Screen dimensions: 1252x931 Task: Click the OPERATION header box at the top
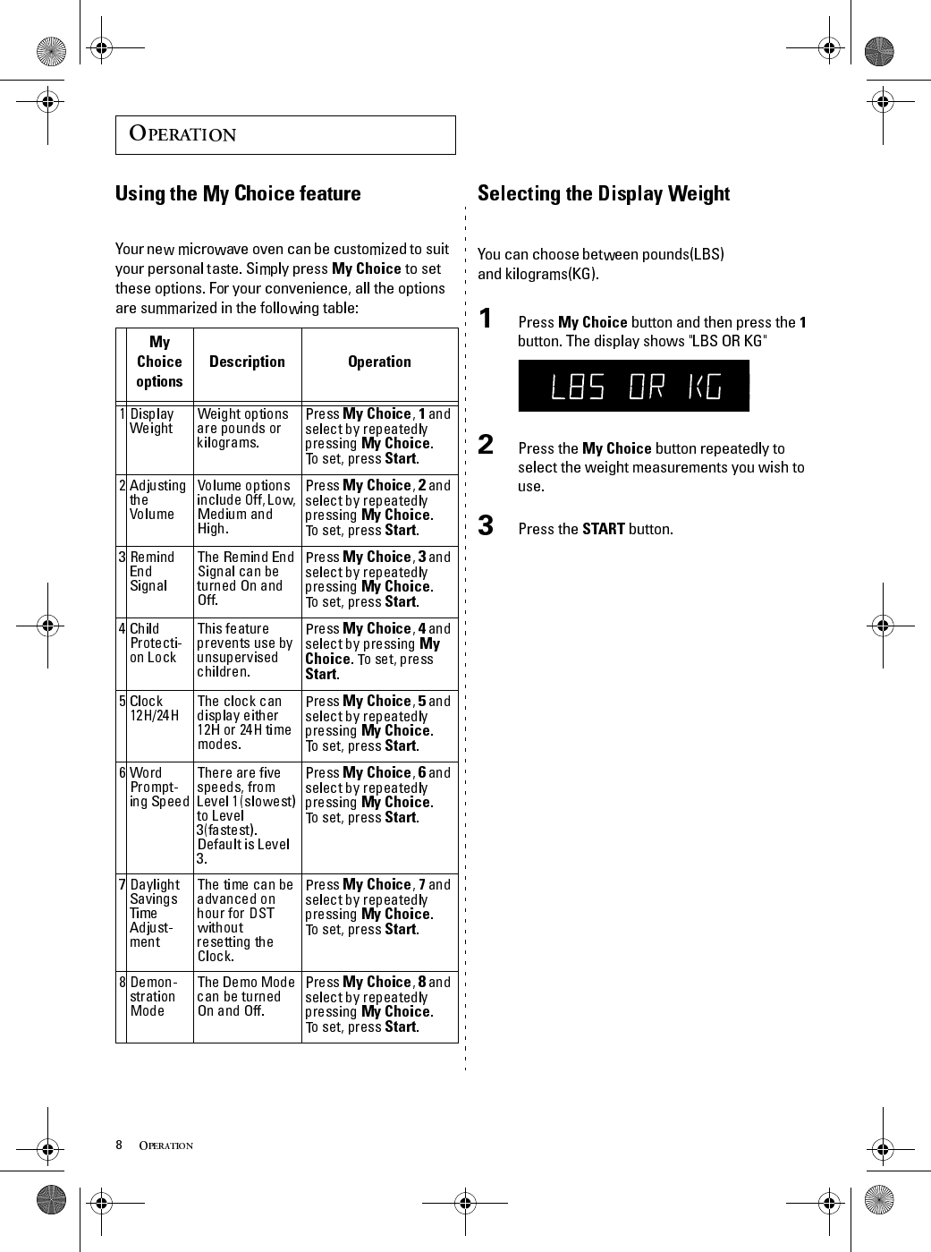tap(284, 134)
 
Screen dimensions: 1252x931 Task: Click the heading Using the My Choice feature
tap(238, 193)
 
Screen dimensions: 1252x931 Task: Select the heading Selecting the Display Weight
tap(603, 193)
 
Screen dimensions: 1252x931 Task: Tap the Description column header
tap(247, 362)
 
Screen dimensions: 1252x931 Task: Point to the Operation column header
tap(379, 362)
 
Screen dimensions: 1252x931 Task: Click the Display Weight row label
tap(152, 421)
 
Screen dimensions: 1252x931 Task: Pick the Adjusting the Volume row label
tap(157, 499)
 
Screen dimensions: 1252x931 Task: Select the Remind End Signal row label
tap(151, 571)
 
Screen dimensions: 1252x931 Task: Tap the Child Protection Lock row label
tap(155, 643)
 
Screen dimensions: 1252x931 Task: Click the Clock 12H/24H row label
tap(153, 708)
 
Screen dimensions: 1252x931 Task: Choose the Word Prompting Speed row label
tap(158, 787)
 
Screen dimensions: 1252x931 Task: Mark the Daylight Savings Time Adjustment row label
tap(154, 913)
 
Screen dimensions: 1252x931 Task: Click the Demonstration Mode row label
tap(153, 996)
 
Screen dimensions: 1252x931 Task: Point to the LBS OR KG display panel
tap(633, 386)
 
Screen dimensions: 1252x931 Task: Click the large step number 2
tap(486, 445)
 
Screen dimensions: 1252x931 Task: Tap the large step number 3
tap(486, 525)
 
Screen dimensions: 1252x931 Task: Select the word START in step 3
tap(603, 529)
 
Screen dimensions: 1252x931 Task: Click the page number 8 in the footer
tap(119, 1145)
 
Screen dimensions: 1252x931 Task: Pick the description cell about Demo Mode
tap(246, 996)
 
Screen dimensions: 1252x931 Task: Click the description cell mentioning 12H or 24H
tap(244, 722)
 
